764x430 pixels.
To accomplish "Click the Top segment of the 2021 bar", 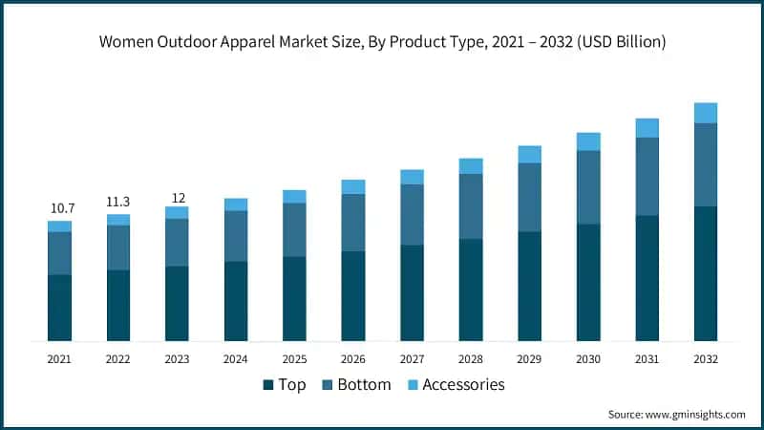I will point(59,308).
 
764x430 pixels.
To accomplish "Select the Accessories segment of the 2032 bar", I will point(706,113).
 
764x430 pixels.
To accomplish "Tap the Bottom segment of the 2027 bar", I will point(412,214).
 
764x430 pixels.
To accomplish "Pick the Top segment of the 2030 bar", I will point(588,283).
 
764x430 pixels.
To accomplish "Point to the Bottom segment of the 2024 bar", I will point(236,236).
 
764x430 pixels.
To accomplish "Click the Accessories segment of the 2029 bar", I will point(529,155).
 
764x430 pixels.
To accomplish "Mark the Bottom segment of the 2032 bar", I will point(706,164).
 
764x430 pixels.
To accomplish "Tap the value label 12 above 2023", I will point(177,198).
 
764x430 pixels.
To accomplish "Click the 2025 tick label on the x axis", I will point(294,359).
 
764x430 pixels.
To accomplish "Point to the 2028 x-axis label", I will point(471,359).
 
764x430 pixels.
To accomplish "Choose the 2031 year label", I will point(647,359).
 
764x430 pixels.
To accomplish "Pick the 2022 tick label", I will point(118,359).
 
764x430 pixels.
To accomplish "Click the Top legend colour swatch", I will point(268,385).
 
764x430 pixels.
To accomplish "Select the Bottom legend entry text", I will point(363,385).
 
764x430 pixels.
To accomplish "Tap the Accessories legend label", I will point(463,385).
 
